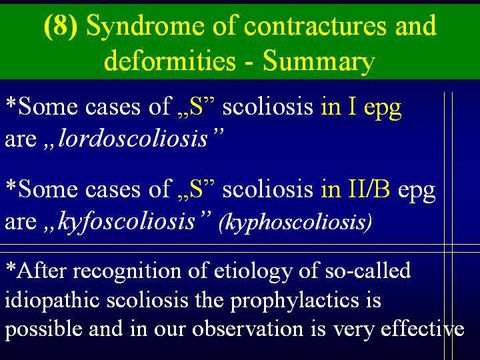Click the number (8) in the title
tap(61, 27)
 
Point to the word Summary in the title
tap(319, 62)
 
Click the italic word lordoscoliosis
tap(133, 139)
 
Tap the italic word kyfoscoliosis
tap(127, 221)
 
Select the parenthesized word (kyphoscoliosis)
tap(295, 222)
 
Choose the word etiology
tap(253, 271)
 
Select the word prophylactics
tap(294, 300)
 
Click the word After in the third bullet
tap(41, 270)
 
